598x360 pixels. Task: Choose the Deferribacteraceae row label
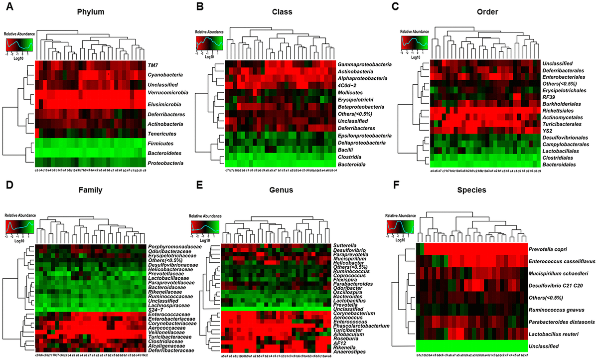tap(171, 351)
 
